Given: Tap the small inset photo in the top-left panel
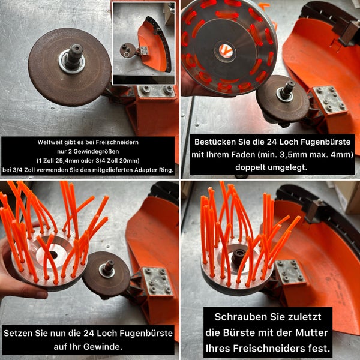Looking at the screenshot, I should coord(143,43).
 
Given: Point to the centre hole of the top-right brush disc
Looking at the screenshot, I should coord(226,50).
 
